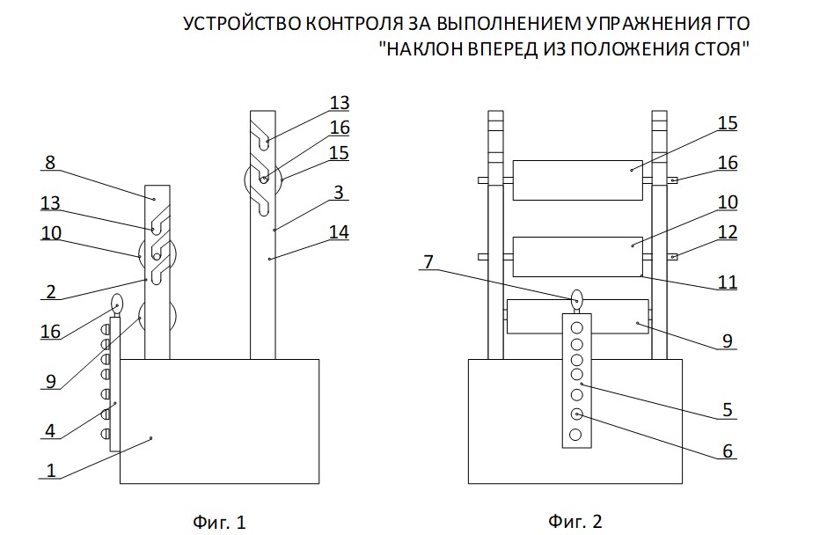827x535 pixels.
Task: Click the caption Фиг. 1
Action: pyautogui.click(x=219, y=522)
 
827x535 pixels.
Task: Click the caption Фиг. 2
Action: pyautogui.click(x=576, y=522)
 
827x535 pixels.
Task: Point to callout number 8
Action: pyautogui.click(x=49, y=163)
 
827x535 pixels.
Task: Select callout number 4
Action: pyautogui.click(x=49, y=430)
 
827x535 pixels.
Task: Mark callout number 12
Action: pyautogui.click(x=727, y=232)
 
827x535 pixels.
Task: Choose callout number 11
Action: pyautogui.click(x=727, y=283)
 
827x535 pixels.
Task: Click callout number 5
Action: pyautogui.click(x=727, y=409)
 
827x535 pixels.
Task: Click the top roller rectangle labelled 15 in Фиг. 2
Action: pyautogui.click(x=577, y=179)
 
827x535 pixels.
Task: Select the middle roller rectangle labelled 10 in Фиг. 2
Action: pyautogui.click(x=577, y=256)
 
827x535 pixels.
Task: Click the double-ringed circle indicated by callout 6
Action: pyautogui.click(x=577, y=414)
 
